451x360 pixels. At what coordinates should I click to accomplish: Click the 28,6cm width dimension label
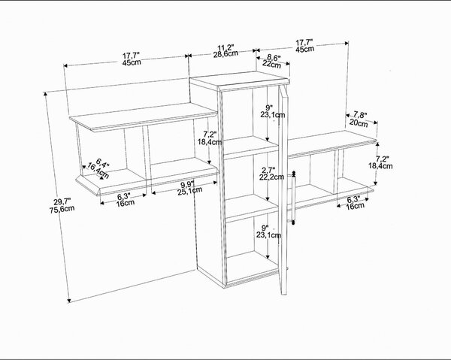pos(225,54)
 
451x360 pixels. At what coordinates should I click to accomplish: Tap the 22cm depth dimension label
pos(271,65)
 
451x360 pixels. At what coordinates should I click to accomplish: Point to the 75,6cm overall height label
pos(62,209)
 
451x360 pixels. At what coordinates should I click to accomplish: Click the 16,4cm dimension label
pos(98,170)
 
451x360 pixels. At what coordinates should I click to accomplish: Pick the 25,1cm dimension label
pos(189,191)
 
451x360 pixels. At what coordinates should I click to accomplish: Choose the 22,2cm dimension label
pos(271,177)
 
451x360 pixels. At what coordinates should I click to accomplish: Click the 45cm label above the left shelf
pos(132,62)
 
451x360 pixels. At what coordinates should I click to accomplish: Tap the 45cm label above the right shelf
pos(304,49)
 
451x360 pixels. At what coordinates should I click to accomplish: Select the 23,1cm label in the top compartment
pos(273,115)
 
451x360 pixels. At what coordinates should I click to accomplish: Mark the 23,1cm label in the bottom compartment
pos(268,235)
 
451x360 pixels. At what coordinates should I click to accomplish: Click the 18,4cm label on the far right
pos(380,166)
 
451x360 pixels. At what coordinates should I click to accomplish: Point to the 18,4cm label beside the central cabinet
pos(210,141)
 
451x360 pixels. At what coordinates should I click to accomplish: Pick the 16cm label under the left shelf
pos(126,203)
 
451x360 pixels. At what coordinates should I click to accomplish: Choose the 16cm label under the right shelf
pos(355,206)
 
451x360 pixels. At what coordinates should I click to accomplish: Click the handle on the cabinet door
pos(293,198)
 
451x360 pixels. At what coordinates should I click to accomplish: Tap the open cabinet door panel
pos(283,190)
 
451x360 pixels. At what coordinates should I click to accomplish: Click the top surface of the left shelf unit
pos(144,116)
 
